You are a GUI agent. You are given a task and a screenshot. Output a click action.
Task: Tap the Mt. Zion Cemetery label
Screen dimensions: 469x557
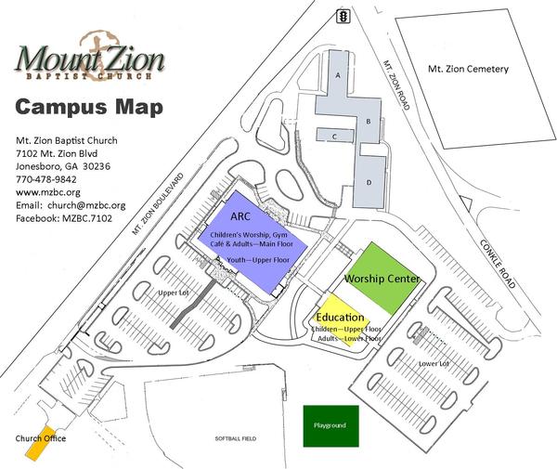(x=467, y=69)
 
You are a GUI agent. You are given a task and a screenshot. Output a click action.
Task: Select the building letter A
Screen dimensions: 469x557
(x=339, y=73)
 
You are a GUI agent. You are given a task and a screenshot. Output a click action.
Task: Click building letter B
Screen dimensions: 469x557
(x=369, y=122)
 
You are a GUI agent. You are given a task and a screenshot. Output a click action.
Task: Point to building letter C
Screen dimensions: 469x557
(x=332, y=136)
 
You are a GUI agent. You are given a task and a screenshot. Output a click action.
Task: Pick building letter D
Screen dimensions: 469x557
(x=369, y=182)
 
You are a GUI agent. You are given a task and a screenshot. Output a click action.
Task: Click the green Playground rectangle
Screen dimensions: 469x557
(x=330, y=425)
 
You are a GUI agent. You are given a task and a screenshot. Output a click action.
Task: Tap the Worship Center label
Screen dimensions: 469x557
(x=382, y=279)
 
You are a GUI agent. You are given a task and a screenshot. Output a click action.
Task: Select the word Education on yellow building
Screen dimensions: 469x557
(x=340, y=318)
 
